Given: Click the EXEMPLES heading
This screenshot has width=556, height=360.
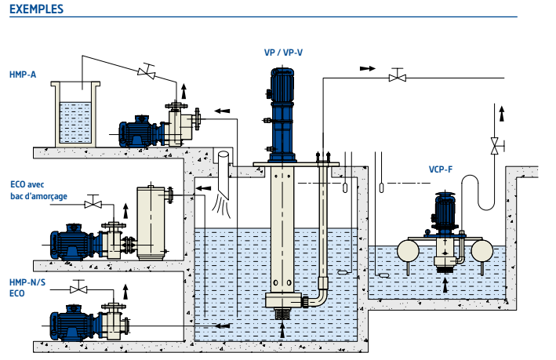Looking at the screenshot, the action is [37, 9].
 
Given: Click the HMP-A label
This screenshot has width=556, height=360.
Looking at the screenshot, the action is [23, 75].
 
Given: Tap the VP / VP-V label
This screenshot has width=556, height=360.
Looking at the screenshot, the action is [283, 53].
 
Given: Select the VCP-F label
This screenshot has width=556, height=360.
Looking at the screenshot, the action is [441, 169].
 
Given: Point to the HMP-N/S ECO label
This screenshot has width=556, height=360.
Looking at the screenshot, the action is [27, 288].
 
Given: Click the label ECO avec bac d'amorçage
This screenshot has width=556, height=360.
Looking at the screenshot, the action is [38, 191].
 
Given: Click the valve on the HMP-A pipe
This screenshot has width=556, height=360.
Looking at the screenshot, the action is [147, 71].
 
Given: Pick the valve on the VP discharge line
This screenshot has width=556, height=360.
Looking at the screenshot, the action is [398, 75].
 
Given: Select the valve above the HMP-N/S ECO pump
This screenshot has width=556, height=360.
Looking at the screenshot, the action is [78, 287].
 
